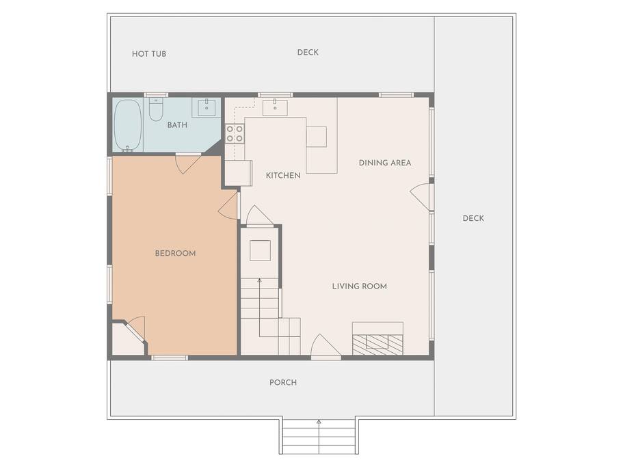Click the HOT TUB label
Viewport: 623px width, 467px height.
[x=149, y=53]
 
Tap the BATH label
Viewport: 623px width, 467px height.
[x=177, y=125]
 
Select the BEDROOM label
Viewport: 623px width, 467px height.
[x=175, y=254]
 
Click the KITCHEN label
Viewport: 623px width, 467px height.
[x=283, y=176]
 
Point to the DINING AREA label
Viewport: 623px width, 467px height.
[x=384, y=163]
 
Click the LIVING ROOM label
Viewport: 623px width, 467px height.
[x=360, y=286]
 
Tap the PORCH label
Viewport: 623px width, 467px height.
[x=283, y=382]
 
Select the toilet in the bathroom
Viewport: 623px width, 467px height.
[x=156, y=109]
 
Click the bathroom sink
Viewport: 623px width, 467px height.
[x=207, y=107]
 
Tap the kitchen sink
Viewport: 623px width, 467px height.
[x=275, y=107]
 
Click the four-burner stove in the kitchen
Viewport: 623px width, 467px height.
[x=235, y=133]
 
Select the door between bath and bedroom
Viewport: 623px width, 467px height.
[x=187, y=163]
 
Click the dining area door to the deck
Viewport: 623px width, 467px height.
[x=421, y=196]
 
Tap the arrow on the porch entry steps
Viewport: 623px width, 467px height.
[x=319, y=437]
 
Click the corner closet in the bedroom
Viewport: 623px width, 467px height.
[x=128, y=338]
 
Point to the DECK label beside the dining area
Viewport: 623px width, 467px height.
[x=473, y=218]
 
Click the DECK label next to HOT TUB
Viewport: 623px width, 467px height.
[x=308, y=53]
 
